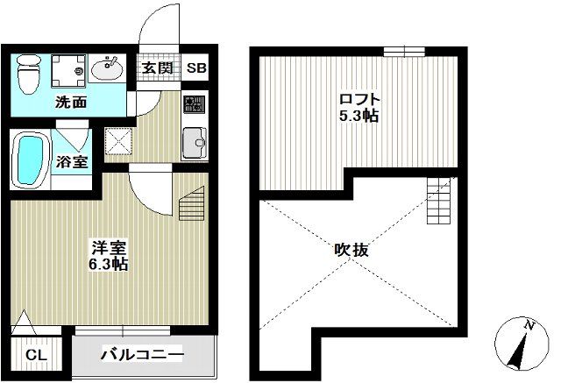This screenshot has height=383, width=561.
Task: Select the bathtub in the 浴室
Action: [x=32, y=160]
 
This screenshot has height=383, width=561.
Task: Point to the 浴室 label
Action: [x=72, y=161]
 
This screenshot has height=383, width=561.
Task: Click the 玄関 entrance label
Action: [x=157, y=68]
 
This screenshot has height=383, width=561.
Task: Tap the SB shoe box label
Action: [x=196, y=68]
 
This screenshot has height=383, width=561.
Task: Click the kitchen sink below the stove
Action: [x=193, y=140]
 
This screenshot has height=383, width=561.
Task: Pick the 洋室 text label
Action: [x=109, y=246]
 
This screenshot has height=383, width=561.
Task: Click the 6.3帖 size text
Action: [x=109, y=264]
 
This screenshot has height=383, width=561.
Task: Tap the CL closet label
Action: [x=35, y=356]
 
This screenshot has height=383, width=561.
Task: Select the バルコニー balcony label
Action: [x=141, y=355]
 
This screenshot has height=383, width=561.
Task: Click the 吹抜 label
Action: [x=353, y=250]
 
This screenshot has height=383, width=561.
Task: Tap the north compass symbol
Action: [x=522, y=343]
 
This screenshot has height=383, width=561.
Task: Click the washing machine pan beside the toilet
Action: [x=68, y=68]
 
